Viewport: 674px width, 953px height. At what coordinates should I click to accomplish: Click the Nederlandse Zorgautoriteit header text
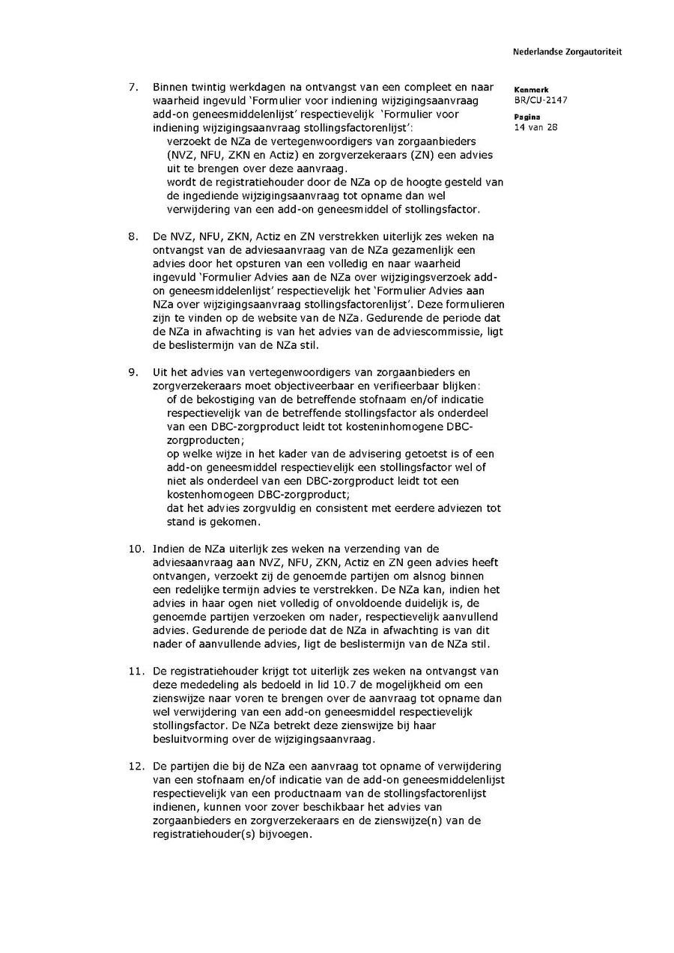(567, 52)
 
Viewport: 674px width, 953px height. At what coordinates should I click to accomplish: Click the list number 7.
(133, 87)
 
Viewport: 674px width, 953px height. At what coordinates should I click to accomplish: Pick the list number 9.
(133, 372)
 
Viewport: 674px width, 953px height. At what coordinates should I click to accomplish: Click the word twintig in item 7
(212, 87)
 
